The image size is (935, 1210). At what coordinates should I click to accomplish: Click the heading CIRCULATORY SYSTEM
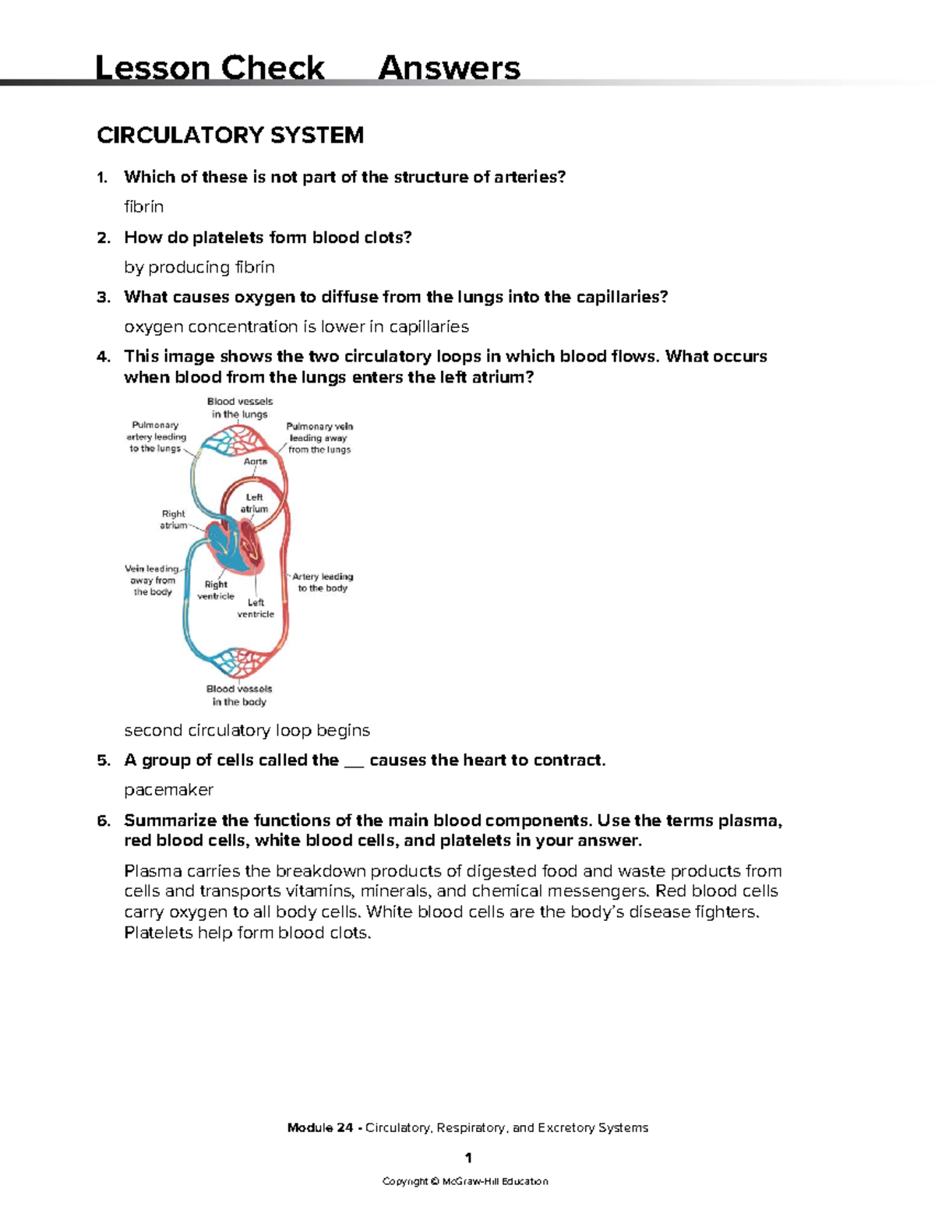point(230,136)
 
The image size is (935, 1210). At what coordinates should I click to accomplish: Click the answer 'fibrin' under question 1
point(144,207)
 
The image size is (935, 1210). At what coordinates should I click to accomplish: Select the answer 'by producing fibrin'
point(199,267)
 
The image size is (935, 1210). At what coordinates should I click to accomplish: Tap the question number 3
point(103,298)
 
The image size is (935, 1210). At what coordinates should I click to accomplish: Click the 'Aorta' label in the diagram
point(256,461)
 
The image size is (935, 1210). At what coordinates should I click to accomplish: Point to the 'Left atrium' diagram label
point(254,503)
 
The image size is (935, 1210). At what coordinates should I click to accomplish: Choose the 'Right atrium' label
point(173,520)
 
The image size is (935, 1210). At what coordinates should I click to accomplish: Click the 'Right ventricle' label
point(216,591)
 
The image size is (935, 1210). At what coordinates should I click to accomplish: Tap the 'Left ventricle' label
point(256,609)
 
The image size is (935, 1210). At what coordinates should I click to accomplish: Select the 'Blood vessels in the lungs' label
point(240,408)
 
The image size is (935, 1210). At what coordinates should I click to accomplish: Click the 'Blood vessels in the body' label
point(239,695)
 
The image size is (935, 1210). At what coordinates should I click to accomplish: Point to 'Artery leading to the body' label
point(323,582)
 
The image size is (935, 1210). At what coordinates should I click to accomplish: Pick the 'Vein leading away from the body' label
point(153,580)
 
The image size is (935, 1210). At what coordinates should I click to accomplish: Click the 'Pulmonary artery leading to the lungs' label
point(156,437)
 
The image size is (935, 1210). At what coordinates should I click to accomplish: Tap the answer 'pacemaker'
point(168,790)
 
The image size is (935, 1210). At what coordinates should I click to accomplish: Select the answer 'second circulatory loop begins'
point(247,731)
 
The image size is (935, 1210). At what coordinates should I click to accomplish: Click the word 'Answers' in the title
point(449,69)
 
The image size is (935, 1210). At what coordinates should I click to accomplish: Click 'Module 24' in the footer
point(319,1127)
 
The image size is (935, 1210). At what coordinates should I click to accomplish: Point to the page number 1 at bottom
point(467,1158)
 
